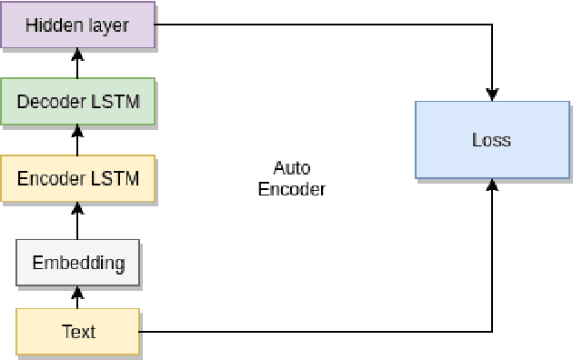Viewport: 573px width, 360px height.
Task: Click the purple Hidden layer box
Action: (77, 25)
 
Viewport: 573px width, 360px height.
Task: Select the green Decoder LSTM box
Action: (77, 101)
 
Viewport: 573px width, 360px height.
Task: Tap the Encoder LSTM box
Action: (77, 177)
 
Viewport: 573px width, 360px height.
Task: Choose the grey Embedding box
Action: (77, 263)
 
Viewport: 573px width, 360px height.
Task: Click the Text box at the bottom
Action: (77, 332)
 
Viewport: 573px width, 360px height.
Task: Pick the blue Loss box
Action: (492, 140)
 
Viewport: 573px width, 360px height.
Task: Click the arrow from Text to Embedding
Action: (77, 297)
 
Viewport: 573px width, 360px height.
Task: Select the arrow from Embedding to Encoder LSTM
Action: (77, 220)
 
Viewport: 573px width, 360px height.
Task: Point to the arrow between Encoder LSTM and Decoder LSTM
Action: (77, 140)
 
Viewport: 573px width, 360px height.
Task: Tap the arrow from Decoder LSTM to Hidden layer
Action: (77, 63)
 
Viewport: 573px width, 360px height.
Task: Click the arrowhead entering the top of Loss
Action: (492, 94)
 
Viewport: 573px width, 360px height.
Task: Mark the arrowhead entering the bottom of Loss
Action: (492, 185)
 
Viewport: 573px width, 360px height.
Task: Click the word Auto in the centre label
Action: (291, 168)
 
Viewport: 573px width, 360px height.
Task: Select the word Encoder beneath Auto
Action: (291, 189)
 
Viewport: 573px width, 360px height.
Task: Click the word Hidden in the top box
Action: (51, 25)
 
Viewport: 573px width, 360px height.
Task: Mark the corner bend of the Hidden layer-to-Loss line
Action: (492, 25)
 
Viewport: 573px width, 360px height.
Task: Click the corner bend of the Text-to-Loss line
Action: (492, 332)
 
